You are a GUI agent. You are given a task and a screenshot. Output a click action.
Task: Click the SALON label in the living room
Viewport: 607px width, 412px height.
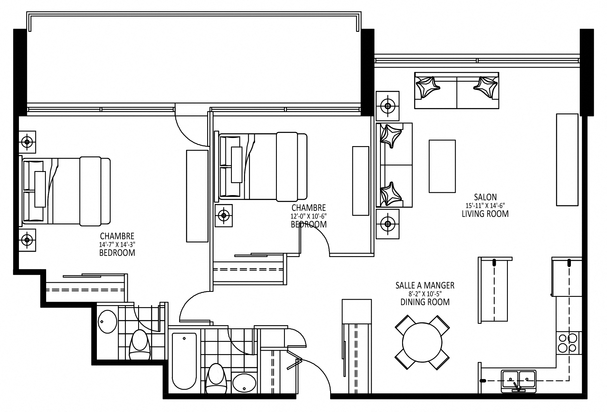[x=485, y=197]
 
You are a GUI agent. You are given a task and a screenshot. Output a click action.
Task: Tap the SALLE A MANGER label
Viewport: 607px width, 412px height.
[x=425, y=285]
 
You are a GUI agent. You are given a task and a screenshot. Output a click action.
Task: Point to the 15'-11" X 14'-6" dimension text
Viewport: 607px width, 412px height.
[x=485, y=205]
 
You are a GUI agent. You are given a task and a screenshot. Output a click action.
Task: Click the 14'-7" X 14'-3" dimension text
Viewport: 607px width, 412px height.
[x=117, y=245]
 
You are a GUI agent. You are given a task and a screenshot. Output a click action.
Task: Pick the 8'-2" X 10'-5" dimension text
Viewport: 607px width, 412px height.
[x=425, y=294]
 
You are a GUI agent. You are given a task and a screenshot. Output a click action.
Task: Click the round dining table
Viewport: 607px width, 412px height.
[x=422, y=342]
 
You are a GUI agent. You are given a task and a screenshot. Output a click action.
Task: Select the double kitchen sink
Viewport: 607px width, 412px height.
[x=518, y=381]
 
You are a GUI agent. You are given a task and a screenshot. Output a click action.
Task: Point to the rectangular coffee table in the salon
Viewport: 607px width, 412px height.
[x=442, y=166]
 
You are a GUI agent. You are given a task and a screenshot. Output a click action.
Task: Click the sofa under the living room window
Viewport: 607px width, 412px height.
[x=457, y=90]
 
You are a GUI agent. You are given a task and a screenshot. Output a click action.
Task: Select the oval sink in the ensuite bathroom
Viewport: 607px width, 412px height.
[x=108, y=321]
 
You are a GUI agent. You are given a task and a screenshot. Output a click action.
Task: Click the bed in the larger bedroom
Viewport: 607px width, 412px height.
[x=65, y=191]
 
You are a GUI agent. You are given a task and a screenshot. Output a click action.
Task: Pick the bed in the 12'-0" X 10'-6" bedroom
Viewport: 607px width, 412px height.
[x=261, y=166]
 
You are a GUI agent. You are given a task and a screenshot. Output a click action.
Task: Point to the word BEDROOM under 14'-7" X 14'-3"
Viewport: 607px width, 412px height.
[x=117, y=253]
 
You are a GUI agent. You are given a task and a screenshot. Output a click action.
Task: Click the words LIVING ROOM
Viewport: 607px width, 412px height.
[x=485, y=214]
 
